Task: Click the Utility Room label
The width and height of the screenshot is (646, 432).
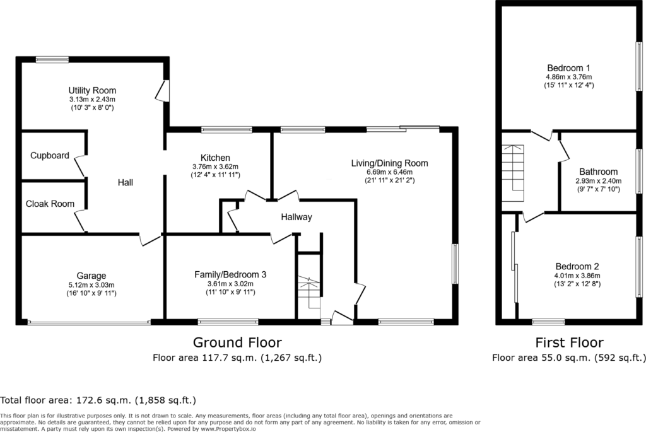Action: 92,90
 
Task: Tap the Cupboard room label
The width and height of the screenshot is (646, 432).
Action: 50,156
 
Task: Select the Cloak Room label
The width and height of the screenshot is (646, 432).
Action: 50,204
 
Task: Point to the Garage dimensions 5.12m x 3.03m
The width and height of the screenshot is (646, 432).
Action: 91,284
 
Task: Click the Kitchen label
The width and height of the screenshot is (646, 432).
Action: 215,158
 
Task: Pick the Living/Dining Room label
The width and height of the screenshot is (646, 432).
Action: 390,163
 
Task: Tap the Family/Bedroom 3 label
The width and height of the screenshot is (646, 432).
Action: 230,275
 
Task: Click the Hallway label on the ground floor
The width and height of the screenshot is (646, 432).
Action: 297,217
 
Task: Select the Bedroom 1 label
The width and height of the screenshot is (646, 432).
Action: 568,68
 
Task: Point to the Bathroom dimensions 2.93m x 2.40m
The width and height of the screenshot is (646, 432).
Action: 599,181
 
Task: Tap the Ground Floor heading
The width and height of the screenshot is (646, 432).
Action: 237,342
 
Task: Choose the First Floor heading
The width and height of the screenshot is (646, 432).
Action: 570,342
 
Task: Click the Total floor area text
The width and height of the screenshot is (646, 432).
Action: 98,400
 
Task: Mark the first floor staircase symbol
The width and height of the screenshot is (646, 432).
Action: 512,173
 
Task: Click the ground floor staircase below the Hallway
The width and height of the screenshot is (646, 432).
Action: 309,293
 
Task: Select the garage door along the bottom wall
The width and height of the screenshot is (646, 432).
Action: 89,322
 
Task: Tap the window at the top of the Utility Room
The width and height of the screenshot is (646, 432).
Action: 52,60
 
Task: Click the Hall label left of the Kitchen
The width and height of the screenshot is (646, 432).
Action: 126,182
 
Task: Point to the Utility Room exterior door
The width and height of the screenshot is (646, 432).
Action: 163,90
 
